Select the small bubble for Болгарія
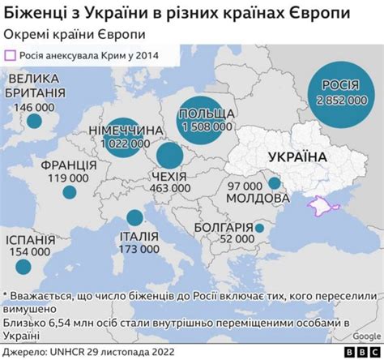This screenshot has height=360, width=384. pos(258,228)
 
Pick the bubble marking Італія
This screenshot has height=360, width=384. pos(133,217)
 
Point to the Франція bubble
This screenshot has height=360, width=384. pos(70,193)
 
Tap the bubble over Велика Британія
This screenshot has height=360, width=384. pos(34,122)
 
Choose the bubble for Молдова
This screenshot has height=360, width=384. pos(275,184)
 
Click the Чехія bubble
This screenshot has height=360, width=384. pos(169,156)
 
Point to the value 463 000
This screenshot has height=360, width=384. pos(170,186)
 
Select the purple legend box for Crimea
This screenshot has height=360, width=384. pos(11,55)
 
